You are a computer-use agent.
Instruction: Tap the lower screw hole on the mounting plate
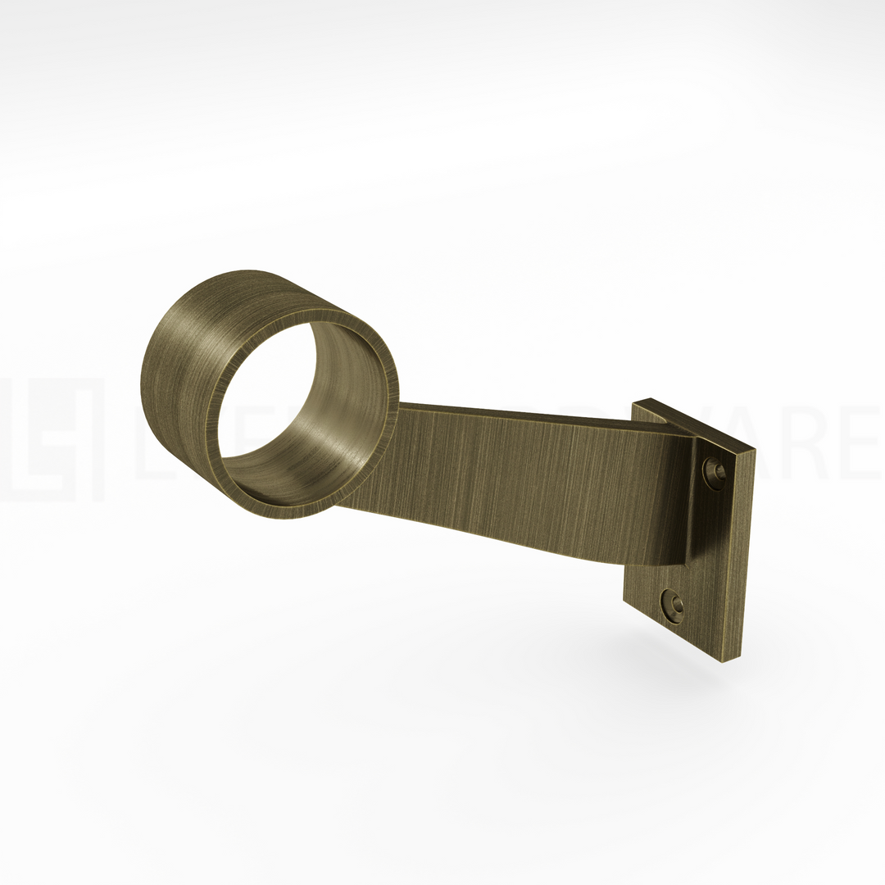pyautogui.click(x=674, y=606)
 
